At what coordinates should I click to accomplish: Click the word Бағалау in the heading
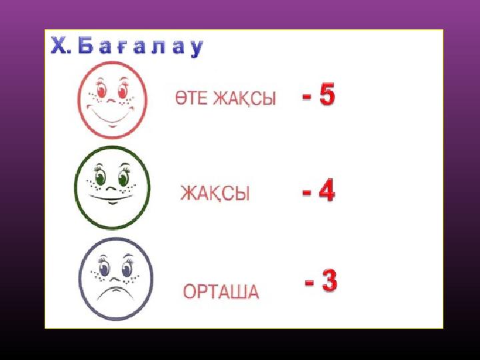[x=140, y=47]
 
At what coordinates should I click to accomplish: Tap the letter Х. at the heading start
[x=61, y=45]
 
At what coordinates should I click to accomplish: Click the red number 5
[x=327, y=95]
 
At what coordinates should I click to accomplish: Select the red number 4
[x=327, y=191]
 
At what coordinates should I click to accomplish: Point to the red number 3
[x=329, y=280]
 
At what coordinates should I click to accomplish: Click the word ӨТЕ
[x=191, y=98]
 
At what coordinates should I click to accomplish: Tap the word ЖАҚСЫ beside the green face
[x=215, y=193]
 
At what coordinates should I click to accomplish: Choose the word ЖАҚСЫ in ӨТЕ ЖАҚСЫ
[x=244, y=99]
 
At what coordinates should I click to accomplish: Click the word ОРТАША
[x=221, y=291]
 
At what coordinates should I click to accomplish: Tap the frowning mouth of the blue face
[x=115, y=293]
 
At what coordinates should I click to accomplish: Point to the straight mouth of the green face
[x=112, y=198]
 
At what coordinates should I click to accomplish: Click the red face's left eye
[x=101, y=90]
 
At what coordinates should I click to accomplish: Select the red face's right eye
[x=123, y=90]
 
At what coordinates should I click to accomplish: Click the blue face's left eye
[x=104, y=269]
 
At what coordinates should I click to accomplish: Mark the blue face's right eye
[x=127, y=269]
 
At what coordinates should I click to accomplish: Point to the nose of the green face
[x=111, y=187]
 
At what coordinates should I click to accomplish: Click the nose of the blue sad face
[x=115, y=279]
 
